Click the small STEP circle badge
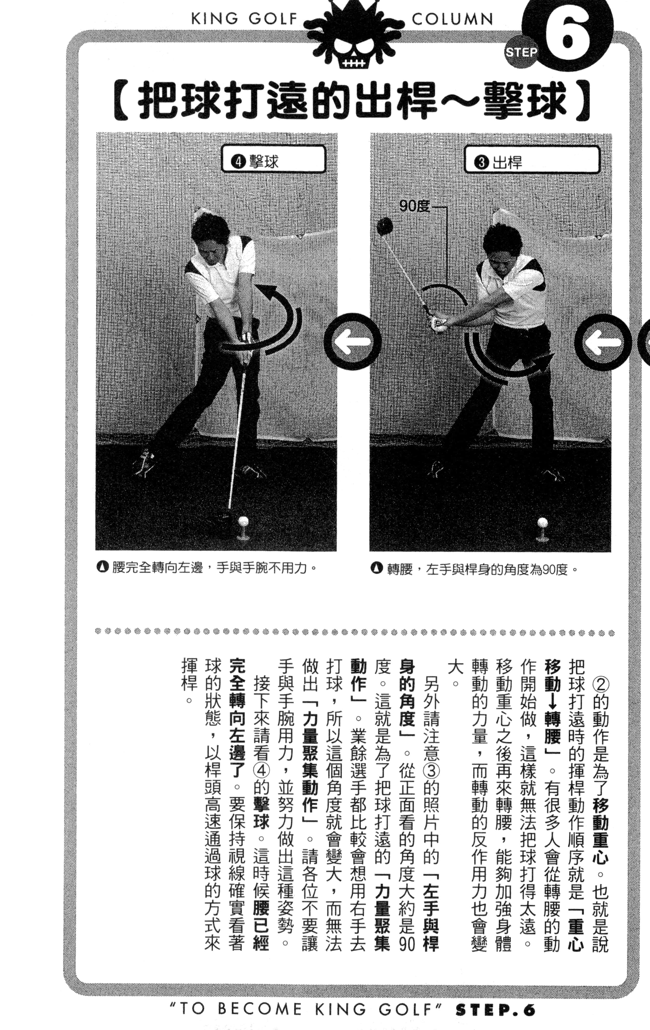point(521,52)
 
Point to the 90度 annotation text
point(414,207)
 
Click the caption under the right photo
point(475,569)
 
